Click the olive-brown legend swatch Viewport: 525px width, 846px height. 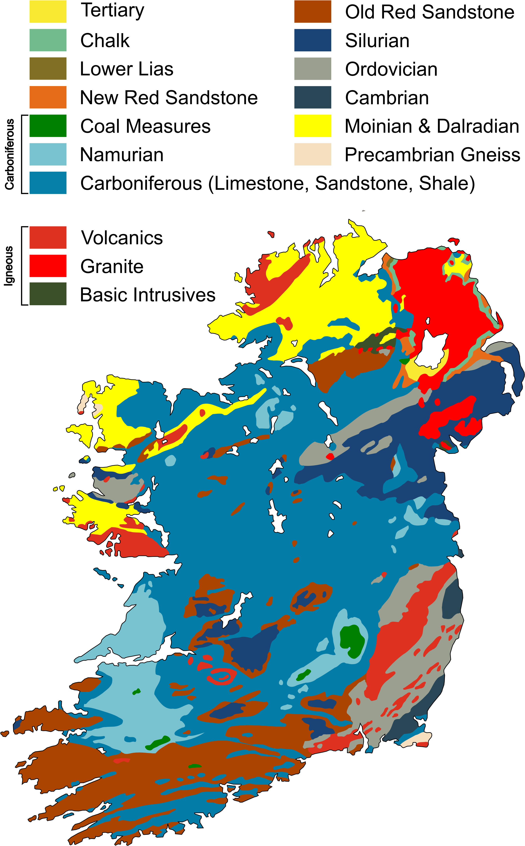pos(48,69)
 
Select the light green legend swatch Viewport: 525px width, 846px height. pos(48,40)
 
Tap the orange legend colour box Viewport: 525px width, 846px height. pos(48,97)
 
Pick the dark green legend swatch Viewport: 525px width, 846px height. pos(48,125)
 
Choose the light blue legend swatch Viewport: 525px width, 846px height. pos(48,154)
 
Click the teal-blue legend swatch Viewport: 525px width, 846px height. pos(48,182)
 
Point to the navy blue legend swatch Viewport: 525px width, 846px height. pos(313,40)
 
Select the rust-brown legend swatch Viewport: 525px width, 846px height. pos(313,11)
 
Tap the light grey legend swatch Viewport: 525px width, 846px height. pos(313,69)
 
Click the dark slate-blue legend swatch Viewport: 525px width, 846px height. pos(313,97)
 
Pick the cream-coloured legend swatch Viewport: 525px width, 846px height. pos(313,154)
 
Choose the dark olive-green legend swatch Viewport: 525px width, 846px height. pos(48,294)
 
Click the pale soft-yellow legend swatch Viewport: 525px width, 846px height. pos(48,11)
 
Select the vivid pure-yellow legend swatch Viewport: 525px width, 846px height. pos(313,125)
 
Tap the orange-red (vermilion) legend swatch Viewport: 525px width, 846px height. pos(48,237)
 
